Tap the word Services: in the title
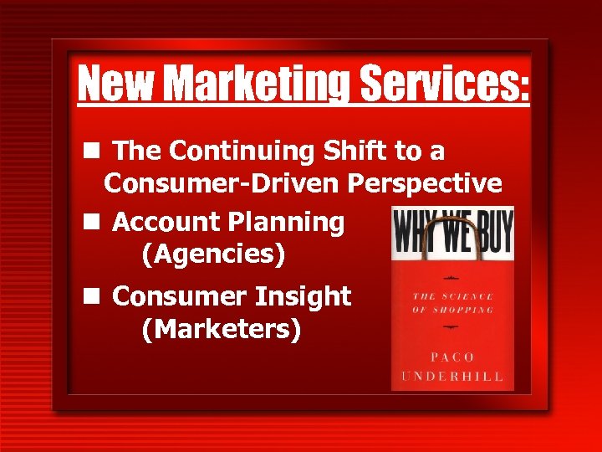(x=443, y=84)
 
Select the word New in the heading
(x=115, y=84)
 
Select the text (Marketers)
(x=222, y=329)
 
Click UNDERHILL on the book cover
(x=451, y=377)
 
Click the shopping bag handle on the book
(x=452, y=220)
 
